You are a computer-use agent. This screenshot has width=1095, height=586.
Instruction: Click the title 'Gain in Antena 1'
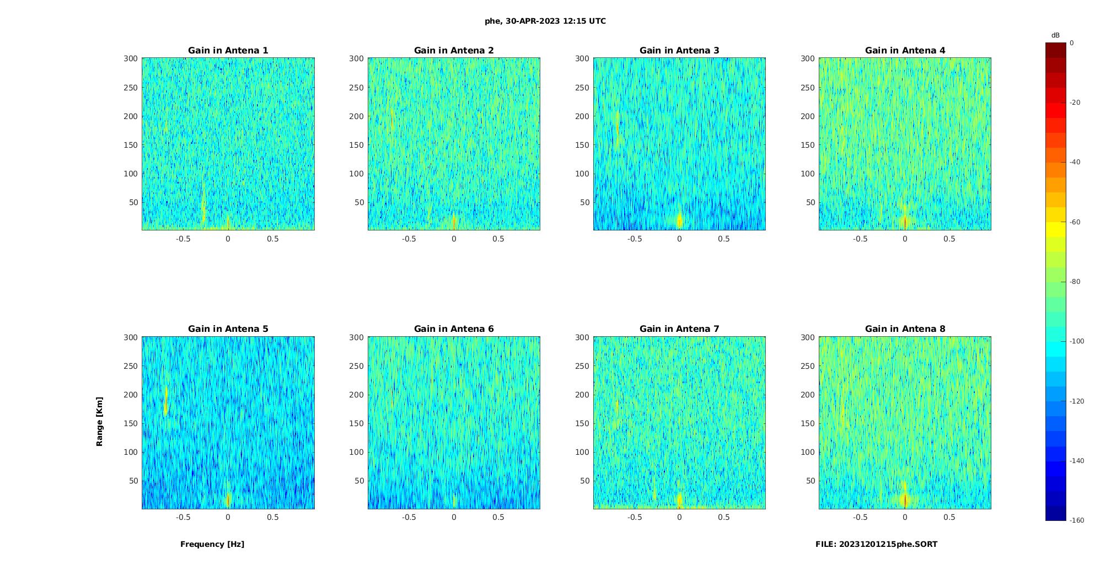coord(228,51)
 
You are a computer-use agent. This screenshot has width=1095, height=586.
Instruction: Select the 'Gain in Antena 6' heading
coord(454,329)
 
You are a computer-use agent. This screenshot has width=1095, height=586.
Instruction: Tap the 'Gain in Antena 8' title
coord(905,329)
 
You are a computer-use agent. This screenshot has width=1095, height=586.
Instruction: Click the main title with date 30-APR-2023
coord(545,21)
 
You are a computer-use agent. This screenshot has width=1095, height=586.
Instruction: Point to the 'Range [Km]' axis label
coord(100,422)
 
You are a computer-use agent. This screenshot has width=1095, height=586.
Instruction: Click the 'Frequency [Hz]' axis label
coord(212,544)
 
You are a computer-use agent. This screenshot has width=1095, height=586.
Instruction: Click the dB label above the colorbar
coord(1055,35)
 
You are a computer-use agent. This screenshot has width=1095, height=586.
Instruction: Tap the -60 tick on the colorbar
coord(1075,222)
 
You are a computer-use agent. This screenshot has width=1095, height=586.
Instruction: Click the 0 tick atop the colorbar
coord(1071,43)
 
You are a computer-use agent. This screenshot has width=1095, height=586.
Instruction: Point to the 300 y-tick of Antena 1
coord(131,58)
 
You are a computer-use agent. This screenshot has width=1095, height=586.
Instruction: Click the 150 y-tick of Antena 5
coord(131,423)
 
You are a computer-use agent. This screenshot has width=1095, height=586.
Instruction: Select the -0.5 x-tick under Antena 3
coord(635,239)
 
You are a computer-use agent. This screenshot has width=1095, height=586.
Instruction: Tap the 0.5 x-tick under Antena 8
coord(949,517)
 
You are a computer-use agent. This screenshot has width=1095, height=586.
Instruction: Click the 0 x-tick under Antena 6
coord(454,517)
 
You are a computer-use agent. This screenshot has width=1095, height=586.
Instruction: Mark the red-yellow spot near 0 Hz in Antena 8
coord(905,499)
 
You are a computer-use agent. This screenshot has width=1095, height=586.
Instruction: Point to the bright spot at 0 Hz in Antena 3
coord(679,221)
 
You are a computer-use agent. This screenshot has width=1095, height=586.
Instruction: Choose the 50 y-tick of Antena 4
coord(810,202)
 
